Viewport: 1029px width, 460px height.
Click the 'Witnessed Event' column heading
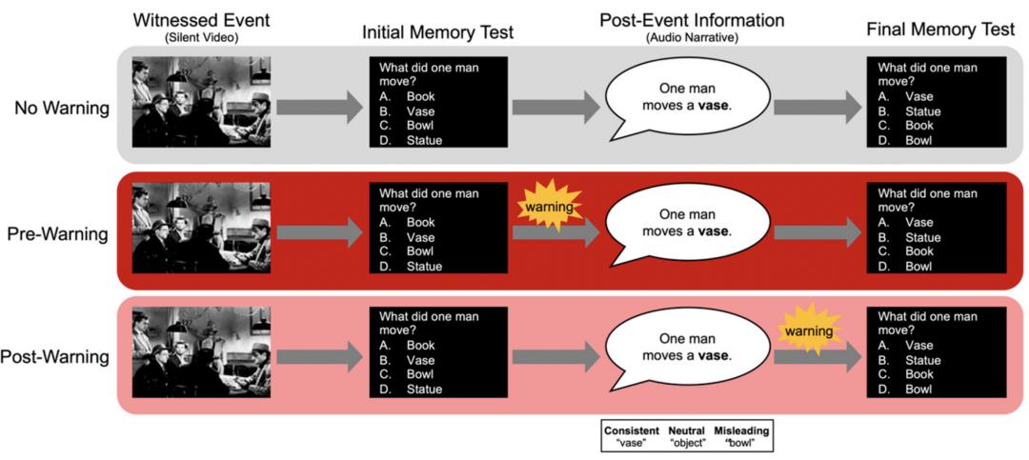point(201,20)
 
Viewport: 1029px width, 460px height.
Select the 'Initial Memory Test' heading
point(437,32)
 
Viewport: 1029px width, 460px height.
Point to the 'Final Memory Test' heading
point(940,30)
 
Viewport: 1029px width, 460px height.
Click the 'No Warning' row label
point(62,109)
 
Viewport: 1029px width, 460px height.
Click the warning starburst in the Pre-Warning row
point(549,206)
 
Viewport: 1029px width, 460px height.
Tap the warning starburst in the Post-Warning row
point(808,330)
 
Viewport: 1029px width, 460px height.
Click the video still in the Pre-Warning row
point(201,228)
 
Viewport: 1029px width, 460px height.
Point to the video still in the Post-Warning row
point(201,352)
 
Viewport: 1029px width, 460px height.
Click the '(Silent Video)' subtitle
point(201,38)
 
